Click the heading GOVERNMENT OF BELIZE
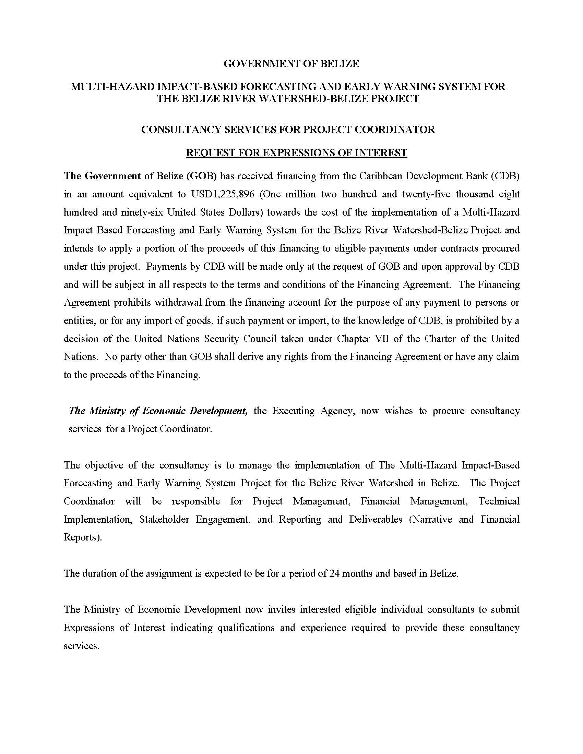291,64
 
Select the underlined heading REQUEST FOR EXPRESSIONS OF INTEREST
296,153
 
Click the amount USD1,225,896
223,194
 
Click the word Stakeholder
164,519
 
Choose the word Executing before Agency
293,411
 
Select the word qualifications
246,628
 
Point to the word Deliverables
376,519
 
